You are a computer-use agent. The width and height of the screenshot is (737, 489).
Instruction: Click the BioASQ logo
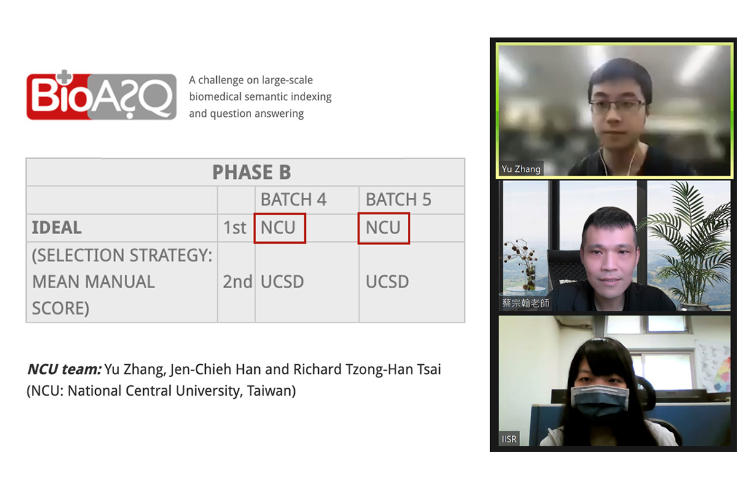101,95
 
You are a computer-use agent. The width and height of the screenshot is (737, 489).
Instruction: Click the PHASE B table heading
252,172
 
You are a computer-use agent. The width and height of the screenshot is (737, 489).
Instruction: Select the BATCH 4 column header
294,200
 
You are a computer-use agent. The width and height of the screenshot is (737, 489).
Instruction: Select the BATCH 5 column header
399,200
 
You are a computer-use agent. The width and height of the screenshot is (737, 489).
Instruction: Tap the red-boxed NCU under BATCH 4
279,228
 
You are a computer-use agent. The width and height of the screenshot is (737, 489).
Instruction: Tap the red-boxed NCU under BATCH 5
384,228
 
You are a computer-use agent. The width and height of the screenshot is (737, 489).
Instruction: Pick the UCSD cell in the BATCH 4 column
283,282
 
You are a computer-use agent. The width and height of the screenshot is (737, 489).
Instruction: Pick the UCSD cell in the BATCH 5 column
388,282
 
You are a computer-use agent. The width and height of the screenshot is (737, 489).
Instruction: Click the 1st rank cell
235,228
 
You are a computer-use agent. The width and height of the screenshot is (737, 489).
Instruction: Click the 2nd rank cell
238,282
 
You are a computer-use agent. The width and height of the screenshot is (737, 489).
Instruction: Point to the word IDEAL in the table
57,228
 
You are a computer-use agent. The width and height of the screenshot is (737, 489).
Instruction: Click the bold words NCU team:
64,369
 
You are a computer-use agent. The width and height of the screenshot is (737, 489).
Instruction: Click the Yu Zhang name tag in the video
521,169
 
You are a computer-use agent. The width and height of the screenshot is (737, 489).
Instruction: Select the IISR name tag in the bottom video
509,439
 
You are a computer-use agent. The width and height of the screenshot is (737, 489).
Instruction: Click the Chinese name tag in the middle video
526,303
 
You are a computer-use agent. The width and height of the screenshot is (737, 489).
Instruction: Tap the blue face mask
599,400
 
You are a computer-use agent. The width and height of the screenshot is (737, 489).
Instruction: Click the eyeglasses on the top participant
616,107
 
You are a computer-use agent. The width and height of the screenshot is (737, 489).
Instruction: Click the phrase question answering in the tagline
257,114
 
